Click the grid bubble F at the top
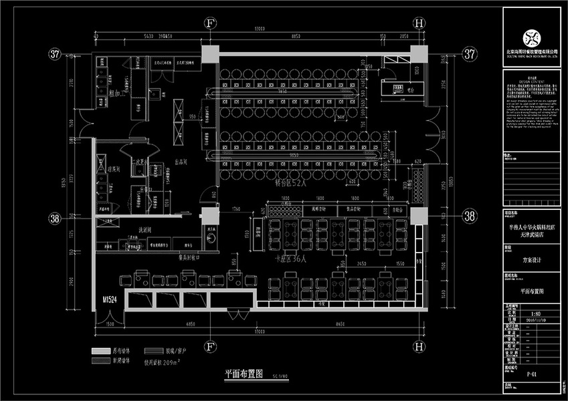[x=210, y=23]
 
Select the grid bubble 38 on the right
[x=470, y=216]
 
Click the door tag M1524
[x=110, y=301]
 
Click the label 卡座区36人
[x=292, y=258]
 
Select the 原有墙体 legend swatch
[x=100, y=350]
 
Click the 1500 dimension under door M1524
[x=110, y=323]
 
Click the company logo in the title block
[x=531, y=36]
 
